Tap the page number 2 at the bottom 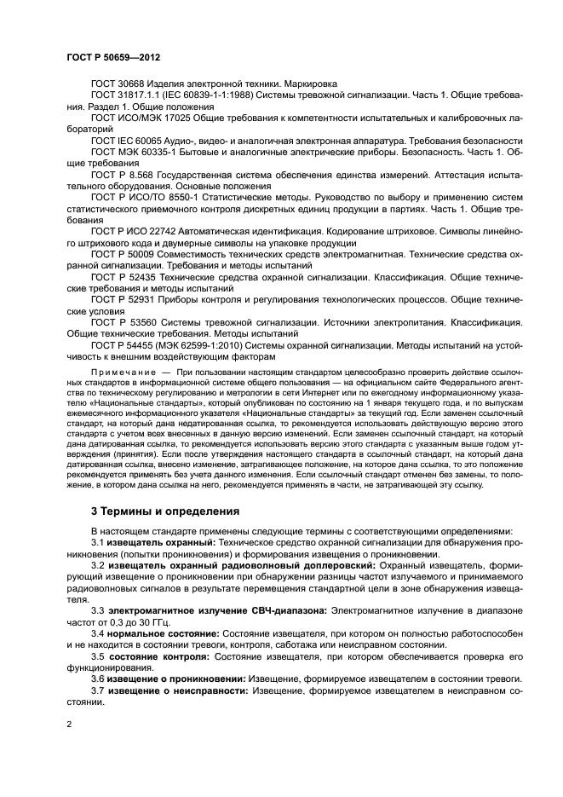coord(69,724)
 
